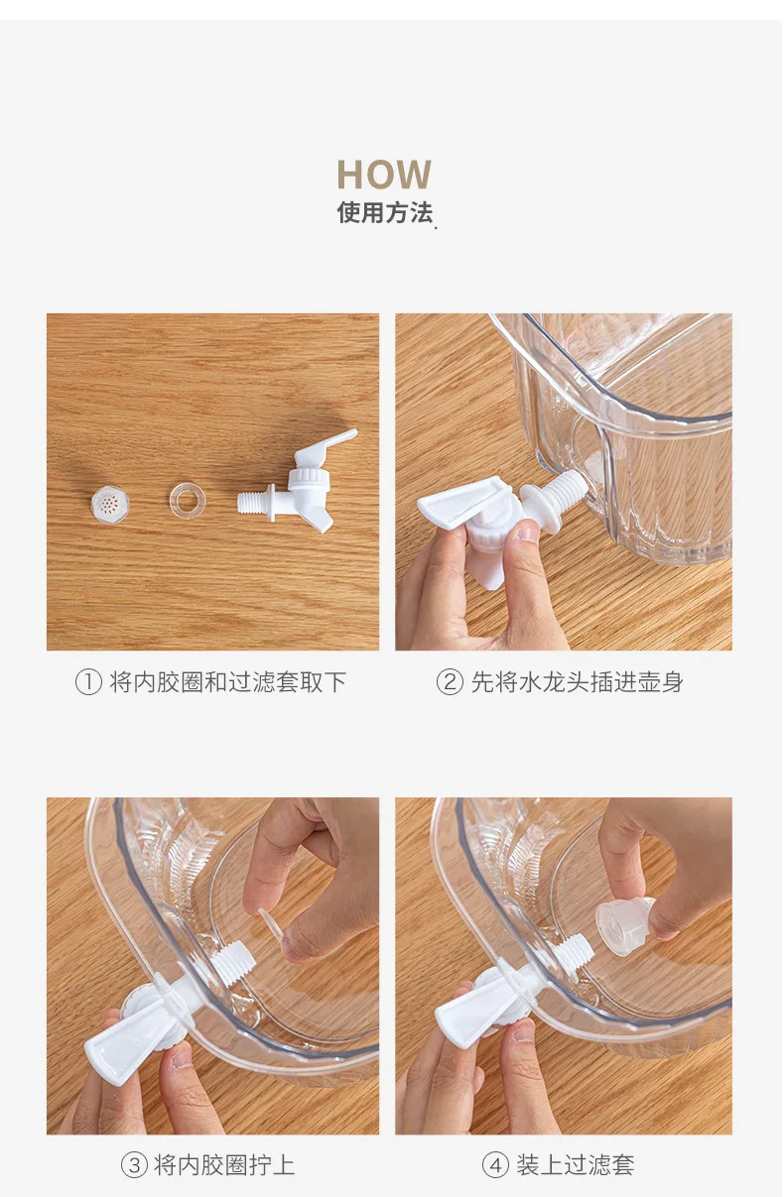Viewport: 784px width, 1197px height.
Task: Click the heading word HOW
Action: click(x=383, y=175)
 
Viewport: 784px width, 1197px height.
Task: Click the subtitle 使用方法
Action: click(x=384, y=212)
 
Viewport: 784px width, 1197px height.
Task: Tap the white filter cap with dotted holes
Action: click(x=110, y=503)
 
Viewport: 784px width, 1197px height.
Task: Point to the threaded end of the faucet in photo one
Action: click(x=255, y=502)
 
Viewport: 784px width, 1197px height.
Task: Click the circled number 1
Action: click(x=88, y=682)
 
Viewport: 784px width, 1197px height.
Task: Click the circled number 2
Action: click(x=450, y=682)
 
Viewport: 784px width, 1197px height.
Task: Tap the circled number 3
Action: click(x=134, y=1165)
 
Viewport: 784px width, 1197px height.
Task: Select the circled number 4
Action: click(x=495, y=1165)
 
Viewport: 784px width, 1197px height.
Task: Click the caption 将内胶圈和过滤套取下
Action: click(x=228, y=682)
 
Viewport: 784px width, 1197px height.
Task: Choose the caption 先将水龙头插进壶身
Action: click(x=577, y=682)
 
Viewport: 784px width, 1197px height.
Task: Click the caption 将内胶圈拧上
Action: click(x=224, y=1165)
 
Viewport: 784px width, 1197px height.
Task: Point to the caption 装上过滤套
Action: click(x=575, y=1165)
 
